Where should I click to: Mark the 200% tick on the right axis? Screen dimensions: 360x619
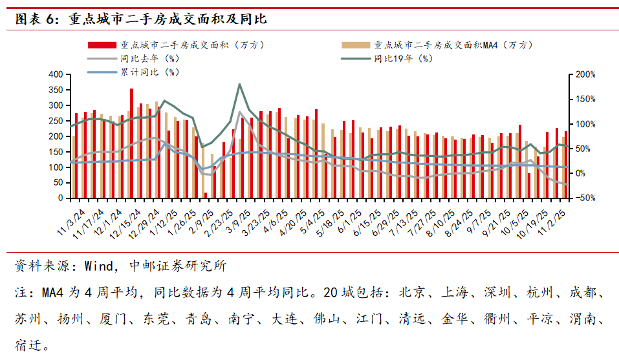586,75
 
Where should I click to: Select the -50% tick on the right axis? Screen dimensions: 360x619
586,198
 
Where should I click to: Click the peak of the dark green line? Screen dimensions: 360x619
240,84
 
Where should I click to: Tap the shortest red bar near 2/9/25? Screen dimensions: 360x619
206,195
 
